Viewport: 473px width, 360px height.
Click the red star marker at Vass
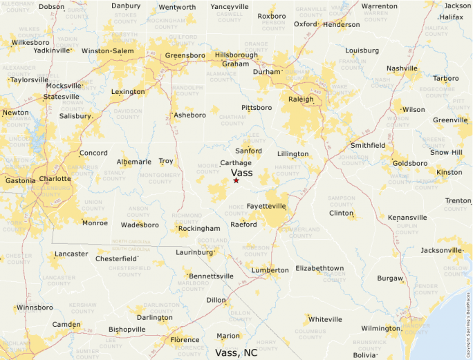(236, 180)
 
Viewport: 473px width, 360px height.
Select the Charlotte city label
(55, 178)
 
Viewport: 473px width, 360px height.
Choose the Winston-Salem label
(108, 51)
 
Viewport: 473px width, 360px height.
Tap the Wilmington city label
(380, 328)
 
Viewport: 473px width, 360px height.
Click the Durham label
(266, 72)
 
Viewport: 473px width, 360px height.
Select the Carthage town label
(236, 163)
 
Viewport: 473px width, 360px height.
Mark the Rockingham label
(198, 229)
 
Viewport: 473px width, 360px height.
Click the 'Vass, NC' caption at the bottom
(236, 352)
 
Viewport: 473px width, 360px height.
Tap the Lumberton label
(270, 270)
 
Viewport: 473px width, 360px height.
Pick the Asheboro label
(189, 115)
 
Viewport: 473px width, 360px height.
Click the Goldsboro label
(410, 164)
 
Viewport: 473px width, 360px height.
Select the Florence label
(185, 340)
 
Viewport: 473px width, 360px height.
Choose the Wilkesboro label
(31, 42)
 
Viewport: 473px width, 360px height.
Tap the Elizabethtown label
(319, 268)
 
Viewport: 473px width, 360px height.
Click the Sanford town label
(248, 151)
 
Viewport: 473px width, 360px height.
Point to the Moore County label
(207, 169)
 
